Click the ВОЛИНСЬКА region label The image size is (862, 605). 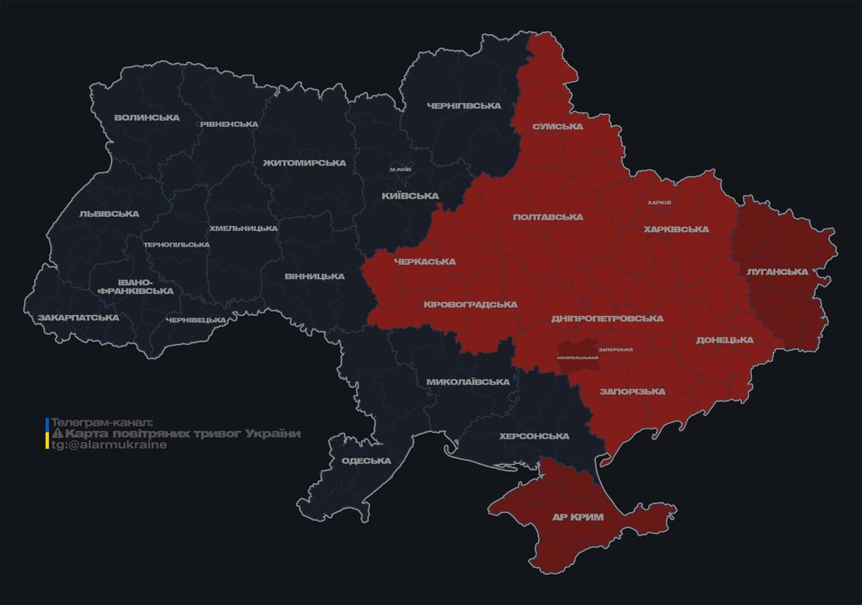[x=147, y=118]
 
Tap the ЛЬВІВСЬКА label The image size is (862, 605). [x=109, y=214]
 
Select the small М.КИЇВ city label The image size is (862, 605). [x=400, y=169]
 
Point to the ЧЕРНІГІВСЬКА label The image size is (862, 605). [x=464, y=106]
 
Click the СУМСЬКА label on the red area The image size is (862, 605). [x=558, y=126]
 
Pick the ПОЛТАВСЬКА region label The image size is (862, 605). [x=548, y=217]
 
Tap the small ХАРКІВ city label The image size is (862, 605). [x=660, y=202]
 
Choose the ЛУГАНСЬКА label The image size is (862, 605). [x=778, y=272]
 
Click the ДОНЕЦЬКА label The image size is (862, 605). [x=725, y=340]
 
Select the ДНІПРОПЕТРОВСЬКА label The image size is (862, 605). [x=607, y=319]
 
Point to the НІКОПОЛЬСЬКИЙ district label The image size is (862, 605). [x=578, y=358]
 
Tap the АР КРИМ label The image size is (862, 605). [x=578, y=518]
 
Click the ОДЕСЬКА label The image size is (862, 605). [x=366, y=461]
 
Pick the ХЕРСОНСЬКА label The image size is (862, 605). [x=534, y=436]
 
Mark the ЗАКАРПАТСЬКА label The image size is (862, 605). [x=78, y=318]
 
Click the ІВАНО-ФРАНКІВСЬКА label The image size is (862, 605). [x=136, y=287]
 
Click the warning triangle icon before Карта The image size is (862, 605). [x=57, y=434]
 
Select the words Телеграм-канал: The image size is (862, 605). [x=102, y=423]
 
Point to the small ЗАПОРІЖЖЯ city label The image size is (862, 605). [x=616, y=350]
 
